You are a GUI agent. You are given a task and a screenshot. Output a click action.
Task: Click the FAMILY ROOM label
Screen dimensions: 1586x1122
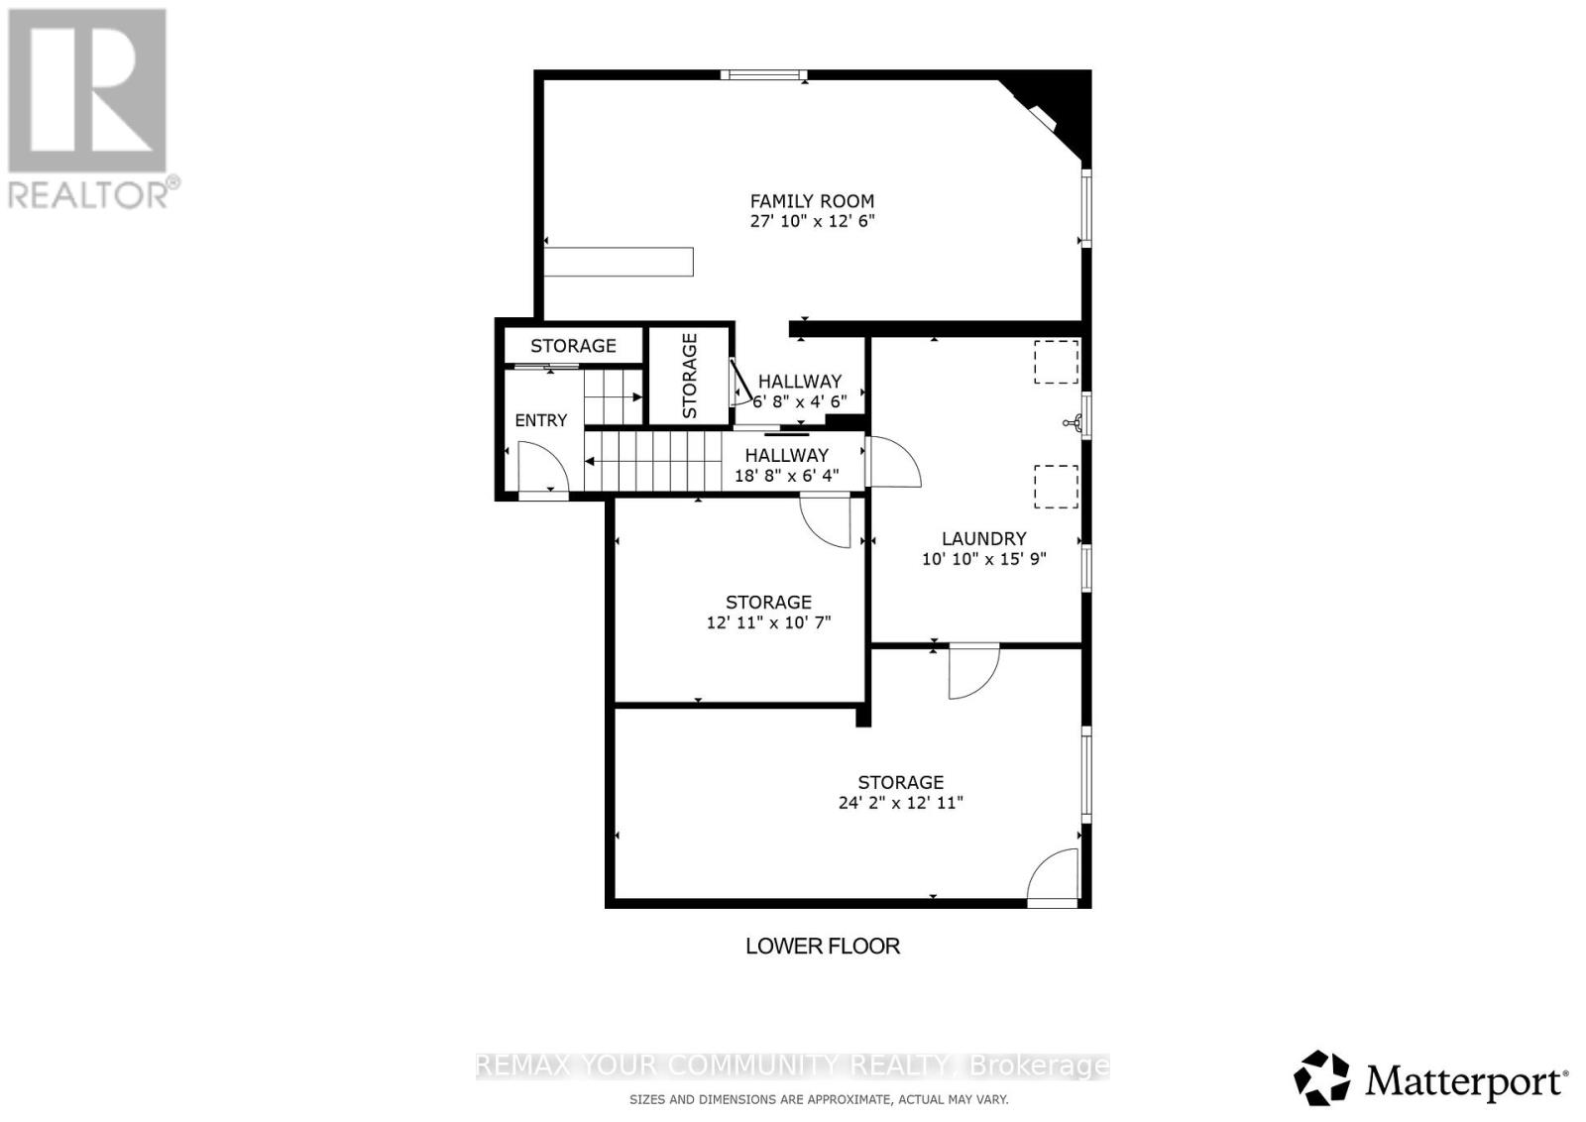[x=812, y=201]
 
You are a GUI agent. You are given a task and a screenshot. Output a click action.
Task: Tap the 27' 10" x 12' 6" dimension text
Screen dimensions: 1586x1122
[x=812, y=221]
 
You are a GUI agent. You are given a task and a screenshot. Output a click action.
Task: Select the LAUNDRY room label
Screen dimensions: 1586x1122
[x=983, y=539]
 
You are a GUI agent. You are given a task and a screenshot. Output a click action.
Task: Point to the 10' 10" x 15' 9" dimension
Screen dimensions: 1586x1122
[x=983, y=559]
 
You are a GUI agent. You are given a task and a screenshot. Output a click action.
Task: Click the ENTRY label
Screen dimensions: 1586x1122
[x=541, y=420]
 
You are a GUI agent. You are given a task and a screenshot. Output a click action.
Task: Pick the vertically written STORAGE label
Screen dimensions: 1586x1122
[x=690, y=376]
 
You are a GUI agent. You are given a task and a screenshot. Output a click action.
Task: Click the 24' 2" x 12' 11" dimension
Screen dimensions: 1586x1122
[x=901, y=803]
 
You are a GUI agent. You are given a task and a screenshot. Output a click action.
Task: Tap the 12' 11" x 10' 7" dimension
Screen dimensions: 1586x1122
[x=768, y=622]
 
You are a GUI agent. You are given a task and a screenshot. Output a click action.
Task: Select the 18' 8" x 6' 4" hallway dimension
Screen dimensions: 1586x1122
[x=787, y=476]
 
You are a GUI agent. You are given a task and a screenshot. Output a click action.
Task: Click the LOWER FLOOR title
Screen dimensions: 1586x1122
[x=823, y=946]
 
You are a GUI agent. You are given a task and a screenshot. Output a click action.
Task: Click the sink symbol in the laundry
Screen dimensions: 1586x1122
[x=1073, y=423]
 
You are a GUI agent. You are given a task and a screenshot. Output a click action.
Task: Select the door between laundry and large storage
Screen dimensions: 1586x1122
[x=974, y=670]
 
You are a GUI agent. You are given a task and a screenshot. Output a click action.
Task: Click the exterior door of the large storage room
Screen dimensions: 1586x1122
[x=1053, y=877]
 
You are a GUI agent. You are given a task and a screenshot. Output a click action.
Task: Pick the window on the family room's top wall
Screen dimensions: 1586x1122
[x=764, y=74]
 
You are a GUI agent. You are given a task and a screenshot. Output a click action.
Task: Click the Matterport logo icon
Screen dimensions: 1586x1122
[x=1322, y=1077]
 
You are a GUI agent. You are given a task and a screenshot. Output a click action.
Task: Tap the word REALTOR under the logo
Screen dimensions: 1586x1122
[x=88, y=194]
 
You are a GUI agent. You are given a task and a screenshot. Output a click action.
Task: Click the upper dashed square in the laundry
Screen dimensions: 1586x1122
[x=1057, y=363]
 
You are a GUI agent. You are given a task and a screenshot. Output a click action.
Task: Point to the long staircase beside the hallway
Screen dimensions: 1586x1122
[x=653, y=461]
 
